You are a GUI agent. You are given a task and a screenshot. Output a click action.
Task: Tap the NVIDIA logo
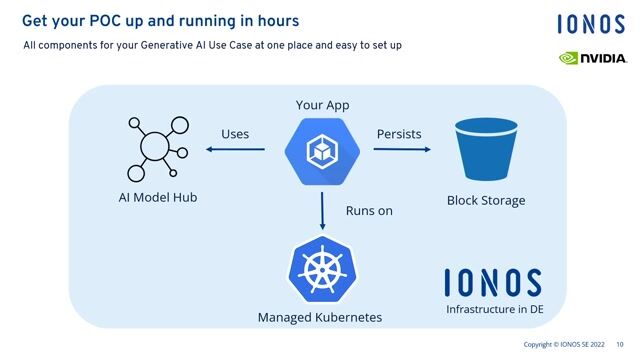(592, 58)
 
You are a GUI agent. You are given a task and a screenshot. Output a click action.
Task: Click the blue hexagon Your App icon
(322, 150)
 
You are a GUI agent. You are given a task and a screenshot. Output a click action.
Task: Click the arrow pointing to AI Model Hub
(236, 150)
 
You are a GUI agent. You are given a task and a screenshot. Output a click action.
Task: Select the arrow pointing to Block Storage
(402, 150)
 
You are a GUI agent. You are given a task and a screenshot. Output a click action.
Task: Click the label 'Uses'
(235, 134)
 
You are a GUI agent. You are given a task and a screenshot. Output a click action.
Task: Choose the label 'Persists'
(399, 134)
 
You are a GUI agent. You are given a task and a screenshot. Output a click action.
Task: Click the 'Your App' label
(322, 105)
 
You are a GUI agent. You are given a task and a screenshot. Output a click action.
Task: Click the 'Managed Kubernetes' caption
(320, 318)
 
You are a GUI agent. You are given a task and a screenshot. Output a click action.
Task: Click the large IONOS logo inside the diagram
(493, 283)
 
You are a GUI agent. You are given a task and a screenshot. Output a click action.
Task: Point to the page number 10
(620, 345)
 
